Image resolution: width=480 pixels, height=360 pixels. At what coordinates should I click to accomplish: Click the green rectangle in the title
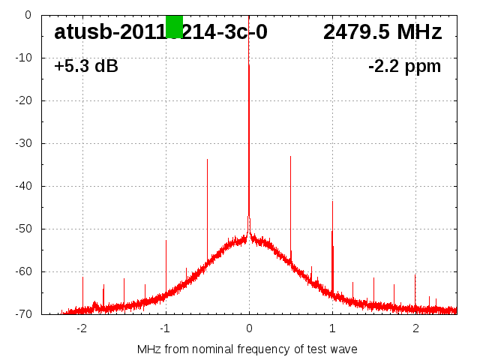point(174,27)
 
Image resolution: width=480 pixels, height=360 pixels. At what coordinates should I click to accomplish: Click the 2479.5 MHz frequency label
point(382,32)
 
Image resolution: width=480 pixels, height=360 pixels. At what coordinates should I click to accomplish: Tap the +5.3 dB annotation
point(85,67)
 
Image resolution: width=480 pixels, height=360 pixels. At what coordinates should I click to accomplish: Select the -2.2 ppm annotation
point(404,67)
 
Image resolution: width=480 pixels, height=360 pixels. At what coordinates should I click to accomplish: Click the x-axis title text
point(247,349)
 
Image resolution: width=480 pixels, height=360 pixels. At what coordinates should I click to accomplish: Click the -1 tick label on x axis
point(165,328)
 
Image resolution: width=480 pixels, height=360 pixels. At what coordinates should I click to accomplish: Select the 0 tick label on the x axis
point(249,328)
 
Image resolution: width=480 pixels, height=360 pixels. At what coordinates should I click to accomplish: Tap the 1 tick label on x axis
point(332,328)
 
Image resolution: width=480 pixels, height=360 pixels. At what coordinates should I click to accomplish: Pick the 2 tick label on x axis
point(415,328)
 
